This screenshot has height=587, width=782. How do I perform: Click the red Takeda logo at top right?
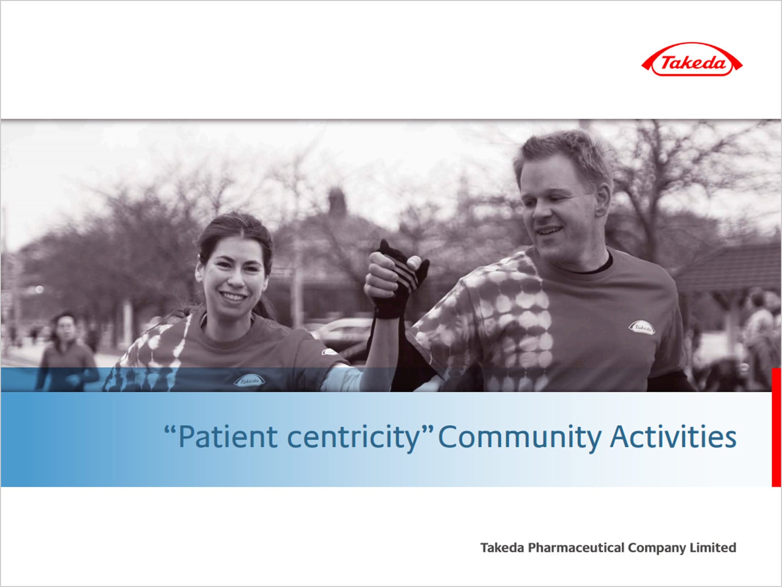pyautogui.click(x=692, y=60)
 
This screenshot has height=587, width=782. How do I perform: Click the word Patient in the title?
pyautogui.click(x=228, y=437)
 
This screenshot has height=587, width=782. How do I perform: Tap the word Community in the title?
pyautogui.click(x=520, y=437)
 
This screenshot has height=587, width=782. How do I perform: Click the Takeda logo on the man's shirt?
pyautogui.click(x=642, y=327)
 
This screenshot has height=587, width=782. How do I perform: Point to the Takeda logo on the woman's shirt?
pyautogui.click(x=249, y=380)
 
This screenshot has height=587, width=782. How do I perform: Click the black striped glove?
pyautogui.click(x=399, y=280)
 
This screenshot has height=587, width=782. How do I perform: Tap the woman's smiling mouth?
pyautogui.click(x=233, y=296)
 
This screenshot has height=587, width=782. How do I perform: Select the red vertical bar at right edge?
pyautogui.click(x=776, y=428)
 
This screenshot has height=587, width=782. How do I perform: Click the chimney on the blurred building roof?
pyautogui.click(x=337, y=202)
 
